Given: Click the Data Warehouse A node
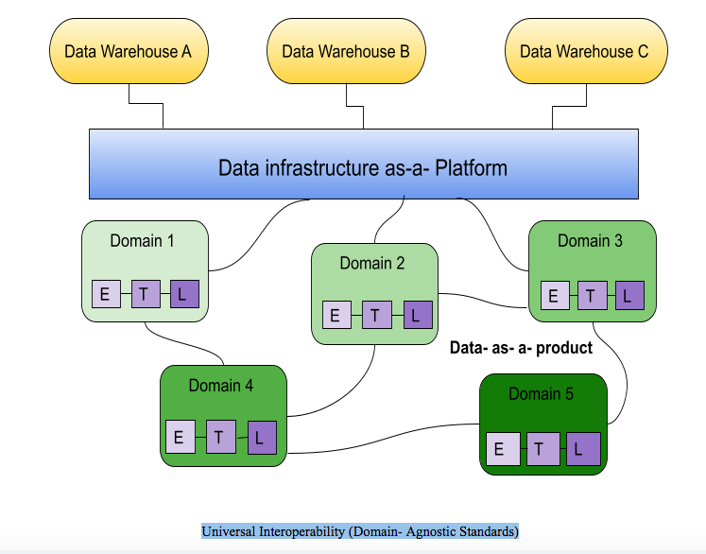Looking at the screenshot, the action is click(129, 51).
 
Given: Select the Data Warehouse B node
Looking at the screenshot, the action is click(346, 51).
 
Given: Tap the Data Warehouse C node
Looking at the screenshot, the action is click(586, 51).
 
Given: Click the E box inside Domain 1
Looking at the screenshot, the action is click(106, 294).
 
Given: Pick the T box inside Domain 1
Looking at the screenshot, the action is click(146, 294).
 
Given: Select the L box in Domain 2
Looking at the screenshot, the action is click(418, 315).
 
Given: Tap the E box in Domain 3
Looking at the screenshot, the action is click(555, 296).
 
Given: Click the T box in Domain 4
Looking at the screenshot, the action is click(220, 437).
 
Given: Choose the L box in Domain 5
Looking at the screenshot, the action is click(583, 449).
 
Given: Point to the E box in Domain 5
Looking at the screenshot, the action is click(503, 449).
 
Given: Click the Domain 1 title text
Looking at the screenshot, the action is click(142, 241).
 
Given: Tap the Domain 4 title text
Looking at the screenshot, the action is click(220, 386).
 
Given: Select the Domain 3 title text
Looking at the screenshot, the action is click(590, 241).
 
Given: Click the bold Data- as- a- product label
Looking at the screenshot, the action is click(521, 348).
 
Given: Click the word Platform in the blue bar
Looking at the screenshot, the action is click(471, 168).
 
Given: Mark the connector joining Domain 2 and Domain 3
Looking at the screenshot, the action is click(483, 300).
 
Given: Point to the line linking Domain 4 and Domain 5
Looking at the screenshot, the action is click(383, 438).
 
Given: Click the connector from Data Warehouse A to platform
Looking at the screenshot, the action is click(146, 104).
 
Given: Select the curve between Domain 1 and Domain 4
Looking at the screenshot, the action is click(184, 344).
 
